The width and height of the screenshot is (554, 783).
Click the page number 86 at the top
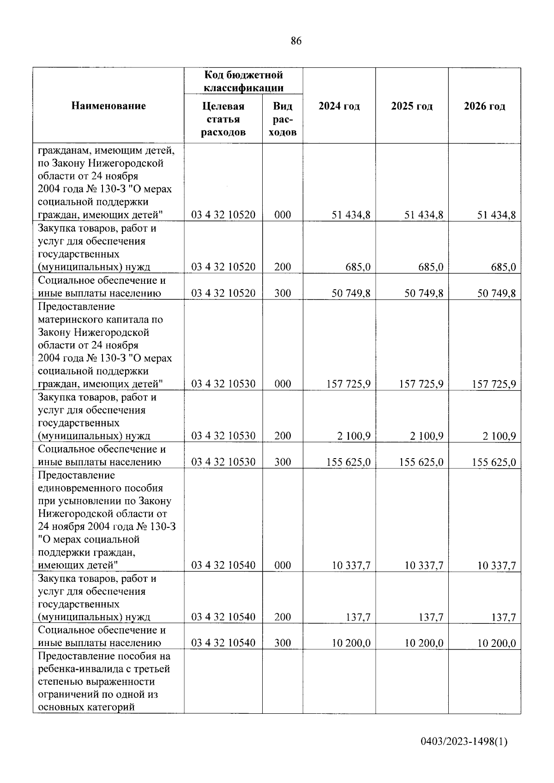(x=296, y=41)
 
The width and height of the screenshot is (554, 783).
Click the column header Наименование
(x=108, y=106)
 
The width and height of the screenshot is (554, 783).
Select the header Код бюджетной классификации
(x=243, y=81)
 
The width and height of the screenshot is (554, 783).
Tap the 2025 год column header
(x=412, y=106)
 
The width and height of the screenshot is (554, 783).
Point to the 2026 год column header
(x=484, y=106)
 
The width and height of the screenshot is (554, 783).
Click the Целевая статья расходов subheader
(x=223, y=120)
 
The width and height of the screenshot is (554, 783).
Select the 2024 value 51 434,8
(x=351, y=215)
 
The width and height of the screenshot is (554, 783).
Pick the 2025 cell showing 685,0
(x=430, y=267)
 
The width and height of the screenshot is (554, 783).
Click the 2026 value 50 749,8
(x=496, y=293)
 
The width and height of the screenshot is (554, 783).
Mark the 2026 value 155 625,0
(x=494, y=462)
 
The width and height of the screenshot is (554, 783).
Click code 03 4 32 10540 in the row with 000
(x=223, y=565)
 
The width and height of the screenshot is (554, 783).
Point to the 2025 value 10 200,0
(x=424, y=643)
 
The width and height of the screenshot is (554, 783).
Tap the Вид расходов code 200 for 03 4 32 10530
(x=283, y=436)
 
